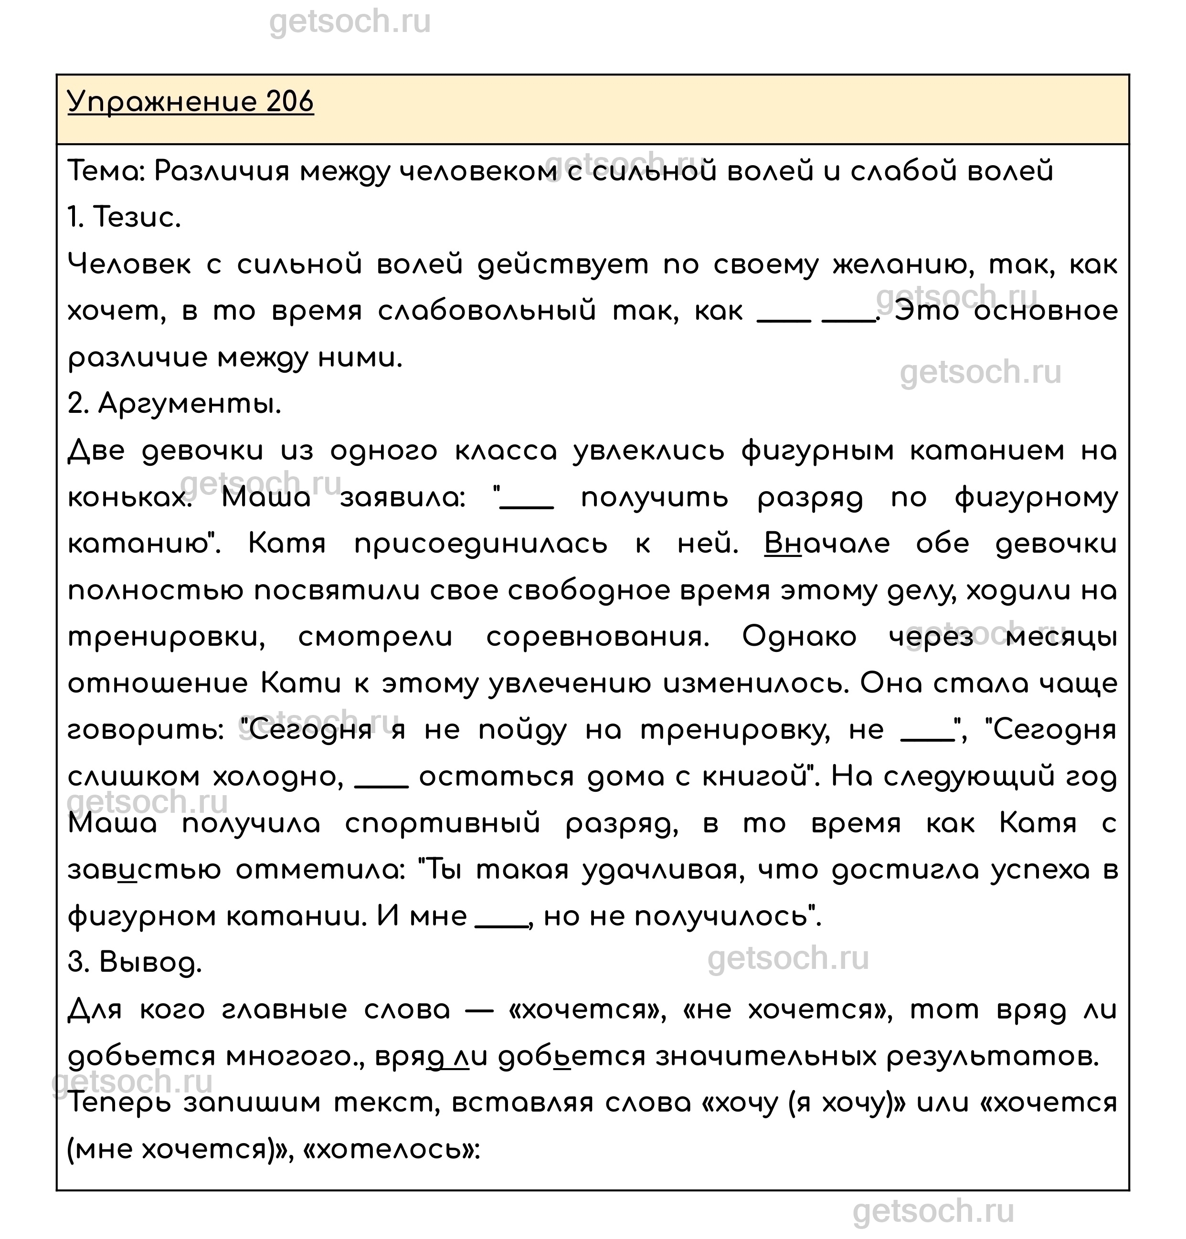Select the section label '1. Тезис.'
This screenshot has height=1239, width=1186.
(124, 218)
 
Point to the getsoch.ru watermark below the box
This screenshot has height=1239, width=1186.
(933, 1210)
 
